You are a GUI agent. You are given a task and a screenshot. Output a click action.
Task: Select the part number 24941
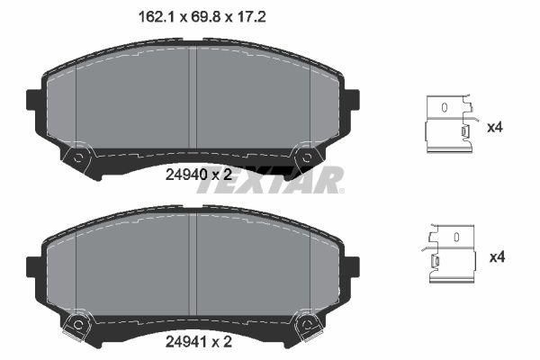(x=184, y=342)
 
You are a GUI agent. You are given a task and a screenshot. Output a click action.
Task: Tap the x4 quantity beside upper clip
(x=494, y=128)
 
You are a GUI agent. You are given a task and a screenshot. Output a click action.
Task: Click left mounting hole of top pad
(x=78, y=158)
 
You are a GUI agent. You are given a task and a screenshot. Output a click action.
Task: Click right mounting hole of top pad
(x=307, y=158)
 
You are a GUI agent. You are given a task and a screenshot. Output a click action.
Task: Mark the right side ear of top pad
(x=351, y=100)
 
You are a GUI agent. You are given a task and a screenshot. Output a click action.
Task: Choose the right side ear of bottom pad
(x=351, y=266)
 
